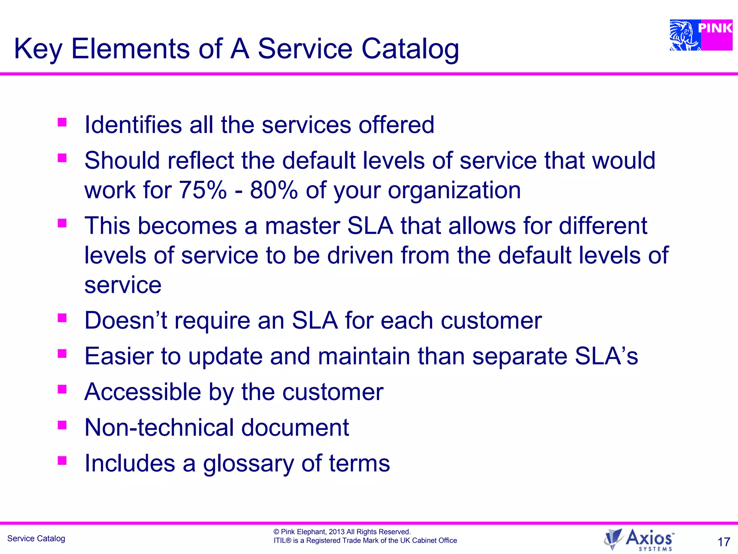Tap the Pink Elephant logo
tap(701, 35)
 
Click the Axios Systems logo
tap(639, 540)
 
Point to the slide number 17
tap(724, 542)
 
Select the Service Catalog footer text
tap(36, 538)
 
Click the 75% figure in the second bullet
tap(203, 190)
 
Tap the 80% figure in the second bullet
tap(274, 190)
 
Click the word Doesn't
tap(126, 320)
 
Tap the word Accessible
tap(142, 392)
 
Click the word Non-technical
tap(159, 427)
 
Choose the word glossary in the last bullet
tap(249, 464)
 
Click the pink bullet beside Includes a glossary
tap(62, 460)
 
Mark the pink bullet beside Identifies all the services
tap(62, 122)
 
